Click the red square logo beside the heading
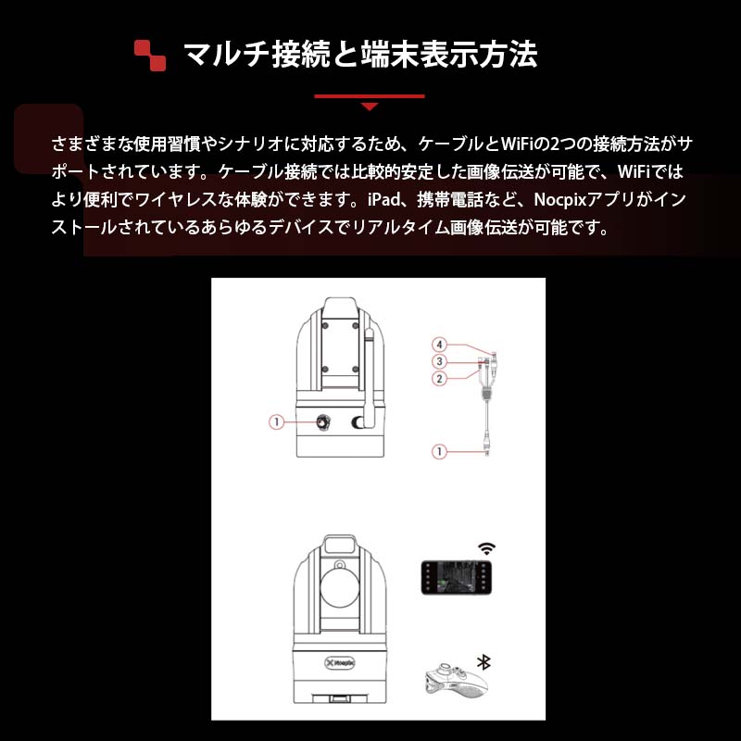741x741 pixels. pyautogui.click(x=150, y=56)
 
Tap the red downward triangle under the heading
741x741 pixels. pyautogui.click(x=369, y=107)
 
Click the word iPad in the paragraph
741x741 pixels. pyautogui.click(x=383, y=199)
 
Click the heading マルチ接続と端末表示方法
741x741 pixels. pyautogui.click(x=360, y=55)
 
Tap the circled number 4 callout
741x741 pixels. pyautogui.click(x=439, y=345)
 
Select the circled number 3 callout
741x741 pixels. pyautogui.click(x=439, y=361)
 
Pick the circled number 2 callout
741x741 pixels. pyautogui.click(x=439, y=379)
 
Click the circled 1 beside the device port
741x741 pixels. pyautogui.click(x=276, y=422)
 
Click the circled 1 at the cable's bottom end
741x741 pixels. pyautogui.click(x=439, y=452)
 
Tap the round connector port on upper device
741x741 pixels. pyautogui.click(x=323, y=422)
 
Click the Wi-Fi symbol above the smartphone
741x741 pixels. pyautogui.click(x=486, y=548)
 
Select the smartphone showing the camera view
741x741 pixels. pyautogui.click(x=456, y=577)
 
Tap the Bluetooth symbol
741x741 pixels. pyautogui.click(x=484, y=662)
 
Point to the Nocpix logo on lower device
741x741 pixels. pyautogui.click(x=339, y=662)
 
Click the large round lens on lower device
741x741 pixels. pyautogui.click(x=340, y=588)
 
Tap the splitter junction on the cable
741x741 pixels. pyautogui.click(x=487, y=393)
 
